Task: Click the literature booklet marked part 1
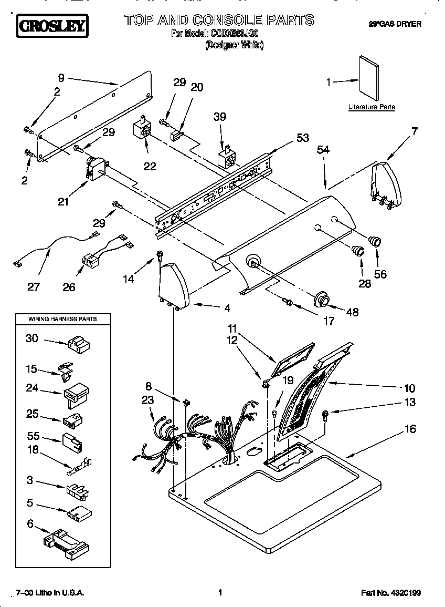click(372, 79)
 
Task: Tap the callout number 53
click(302, 138)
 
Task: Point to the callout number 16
click(409, 429)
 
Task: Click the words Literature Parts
click(372, 107)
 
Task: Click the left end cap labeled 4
click(173, 287)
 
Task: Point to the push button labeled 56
click(375, 242)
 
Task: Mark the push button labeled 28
click(358, 249)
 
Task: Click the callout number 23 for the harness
click(147, 400)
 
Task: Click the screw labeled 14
click(157, 256)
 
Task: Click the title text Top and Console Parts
click(219, 20)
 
